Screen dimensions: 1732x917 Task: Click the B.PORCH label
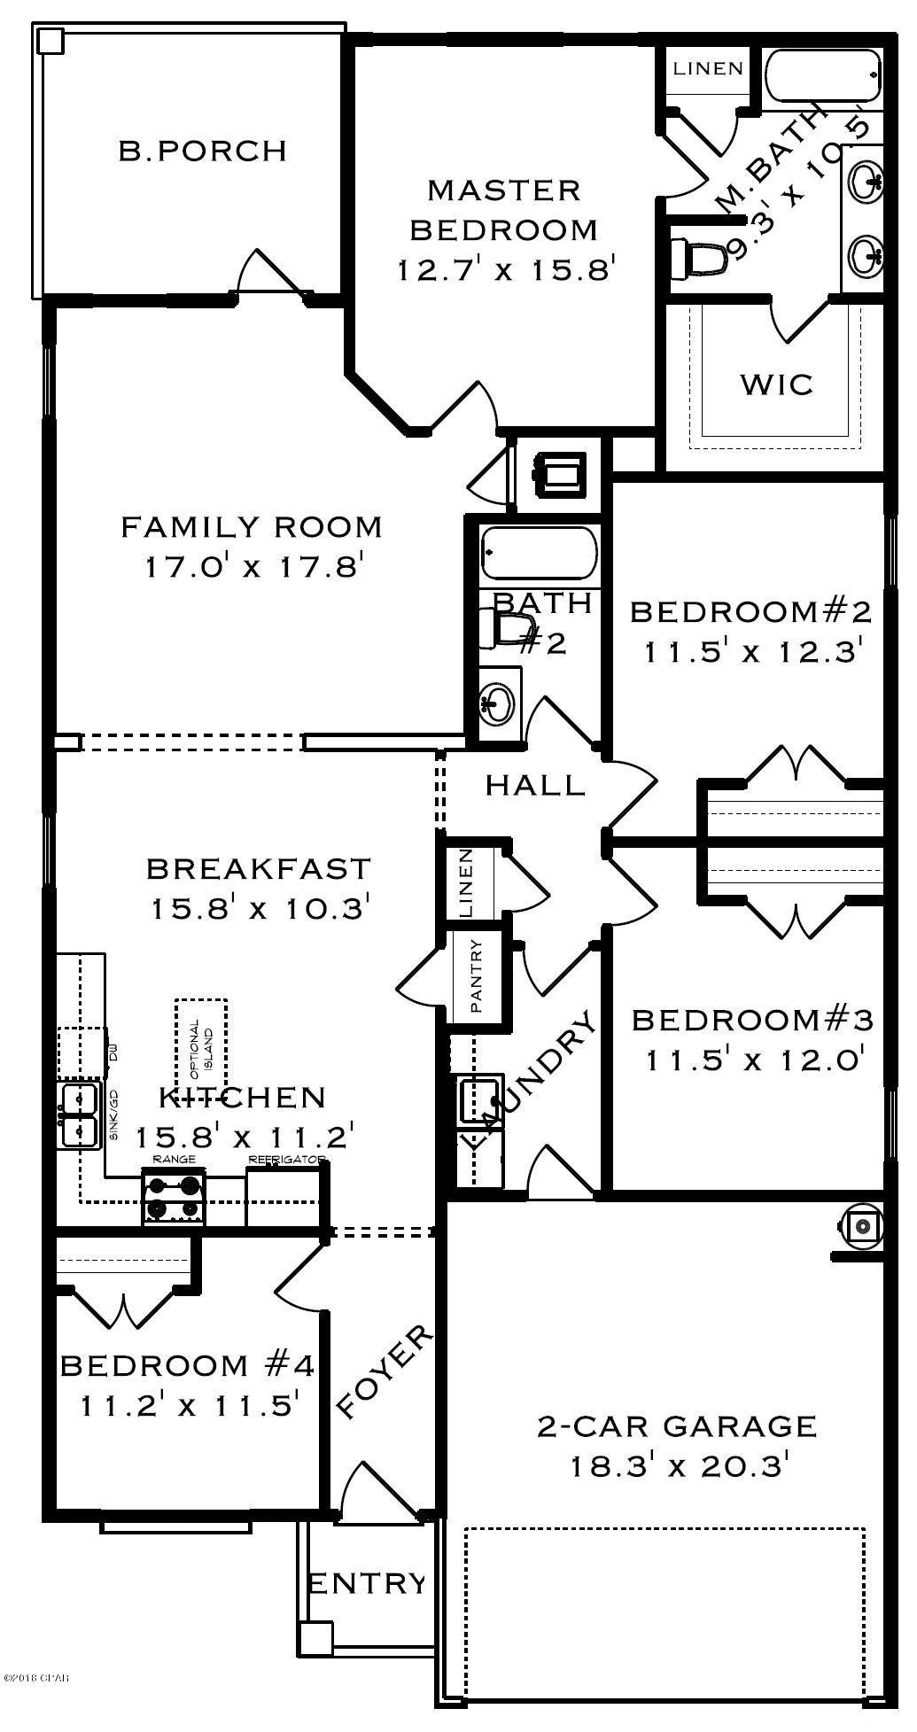(x=203, y=151)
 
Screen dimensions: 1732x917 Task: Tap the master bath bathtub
(x=822, y=77)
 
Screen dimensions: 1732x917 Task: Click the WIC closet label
(x=776, y=384)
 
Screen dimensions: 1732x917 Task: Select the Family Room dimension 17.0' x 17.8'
(x=255, y=566)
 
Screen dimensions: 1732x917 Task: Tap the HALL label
(x=535, y=785)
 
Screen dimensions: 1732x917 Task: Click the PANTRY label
(x=477, y=975)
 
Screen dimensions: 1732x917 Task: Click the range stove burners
(x=174, y=1196)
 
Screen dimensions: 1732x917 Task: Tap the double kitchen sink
(x=79, y=1115)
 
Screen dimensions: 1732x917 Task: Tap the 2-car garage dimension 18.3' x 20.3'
(x=678, y=1467)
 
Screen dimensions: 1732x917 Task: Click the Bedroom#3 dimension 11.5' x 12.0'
(x=754, y=1060)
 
